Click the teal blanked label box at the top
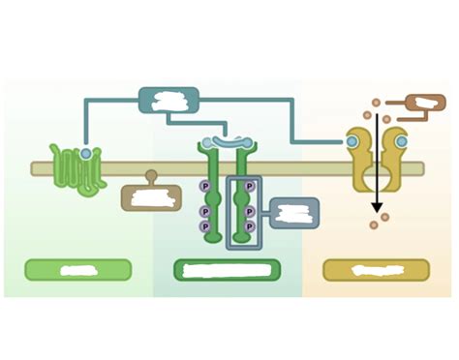(168, 100)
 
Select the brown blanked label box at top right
(425, 104)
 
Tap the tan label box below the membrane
(151, 198)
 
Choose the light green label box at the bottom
(77, 270)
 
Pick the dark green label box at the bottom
(227, 270)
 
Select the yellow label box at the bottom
(376, 270)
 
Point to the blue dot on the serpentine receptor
(86, 154)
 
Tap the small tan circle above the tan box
(151, 176)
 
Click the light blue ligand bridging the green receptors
(228, 143)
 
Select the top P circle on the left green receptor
(205, 186)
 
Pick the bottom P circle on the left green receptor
(205, 226)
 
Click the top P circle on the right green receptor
(250, 186)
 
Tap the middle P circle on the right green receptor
(250, 211)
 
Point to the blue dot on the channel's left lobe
(352, 142)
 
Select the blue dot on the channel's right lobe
(402, 142)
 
